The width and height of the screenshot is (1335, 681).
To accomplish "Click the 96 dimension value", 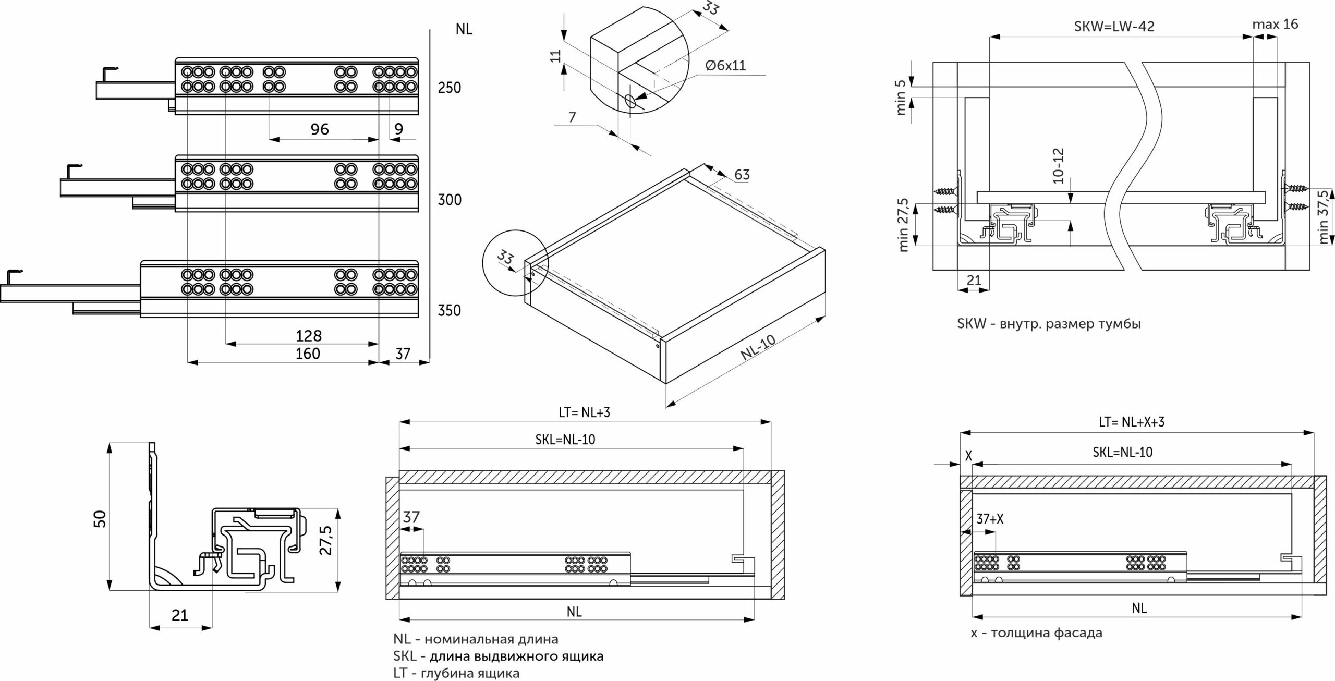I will tap(319, 129).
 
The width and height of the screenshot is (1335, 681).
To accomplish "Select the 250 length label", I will tap(449, 88).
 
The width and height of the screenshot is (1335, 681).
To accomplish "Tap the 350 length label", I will tap(449, 311).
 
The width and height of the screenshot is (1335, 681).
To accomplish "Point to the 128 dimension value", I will tap(309, 335).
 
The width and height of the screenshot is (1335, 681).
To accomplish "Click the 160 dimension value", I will tap(308, 354).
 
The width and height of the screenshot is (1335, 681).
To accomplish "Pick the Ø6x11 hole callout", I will tap(725, 66).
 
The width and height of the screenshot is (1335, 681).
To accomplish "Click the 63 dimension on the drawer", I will tap(742, 174).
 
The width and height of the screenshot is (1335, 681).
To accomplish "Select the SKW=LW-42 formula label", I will tap(1114, 27).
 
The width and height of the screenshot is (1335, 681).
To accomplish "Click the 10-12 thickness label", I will tap(1058, 166).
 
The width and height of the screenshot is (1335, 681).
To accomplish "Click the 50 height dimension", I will tap(100, 519).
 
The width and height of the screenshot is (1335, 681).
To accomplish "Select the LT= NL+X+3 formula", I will tap(1131, 422).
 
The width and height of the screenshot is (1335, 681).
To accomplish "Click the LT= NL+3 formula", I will tap(584, 412).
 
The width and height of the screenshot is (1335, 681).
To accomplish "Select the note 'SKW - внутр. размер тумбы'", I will tap(1049, 324).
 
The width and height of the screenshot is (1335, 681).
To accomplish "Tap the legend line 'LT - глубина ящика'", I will tap(456, 673).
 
